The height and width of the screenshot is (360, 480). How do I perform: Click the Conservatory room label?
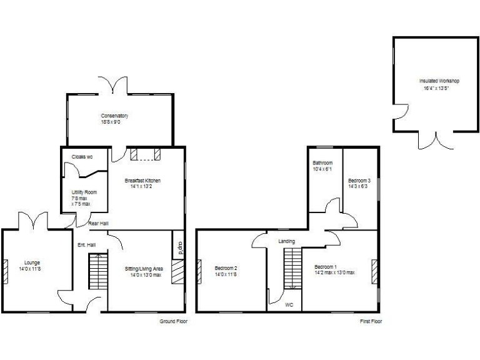pyautogui.click(x=115, y=116)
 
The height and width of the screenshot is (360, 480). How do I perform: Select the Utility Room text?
pyautogui.click(x=84, y=192)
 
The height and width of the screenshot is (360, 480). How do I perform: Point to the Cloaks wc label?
pyautogui.click(x=82, y=157)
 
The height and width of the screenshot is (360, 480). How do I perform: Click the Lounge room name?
pyautogui.click(x=32, y=262)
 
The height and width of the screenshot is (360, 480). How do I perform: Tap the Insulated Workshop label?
pyautogui.click(x=439, y=81)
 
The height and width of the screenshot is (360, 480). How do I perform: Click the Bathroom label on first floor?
pyautogui.click(x=323, y=163)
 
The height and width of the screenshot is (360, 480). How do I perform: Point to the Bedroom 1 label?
pyautogui.click(x=326, y=267)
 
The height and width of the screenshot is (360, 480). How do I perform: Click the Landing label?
pyautogui.click(x=287, y=241)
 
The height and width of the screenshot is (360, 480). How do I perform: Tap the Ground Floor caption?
pyautogui.click(x=174, y=321)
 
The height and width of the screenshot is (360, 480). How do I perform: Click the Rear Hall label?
pyautogui.click(x=99, y=223)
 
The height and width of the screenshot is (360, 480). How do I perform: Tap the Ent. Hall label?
pyautogui.click(x=86, y=244)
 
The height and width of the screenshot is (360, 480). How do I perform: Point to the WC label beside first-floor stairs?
pyautogui.click(x=289, y=305)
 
